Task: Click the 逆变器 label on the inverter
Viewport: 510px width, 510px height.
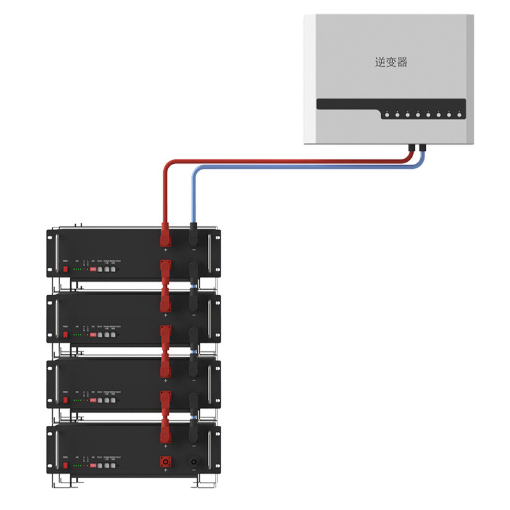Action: (391, 62)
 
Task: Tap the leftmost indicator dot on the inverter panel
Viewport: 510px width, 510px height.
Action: (386, 115)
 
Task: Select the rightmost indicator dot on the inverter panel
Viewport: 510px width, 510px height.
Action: (459, 115)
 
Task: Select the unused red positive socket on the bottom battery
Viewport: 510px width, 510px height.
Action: (166, 460)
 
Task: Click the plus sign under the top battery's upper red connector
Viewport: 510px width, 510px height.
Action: (166, 251)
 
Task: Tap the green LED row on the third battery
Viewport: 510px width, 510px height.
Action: (78, 400)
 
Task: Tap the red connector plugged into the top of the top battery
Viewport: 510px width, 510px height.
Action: (166, 236)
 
